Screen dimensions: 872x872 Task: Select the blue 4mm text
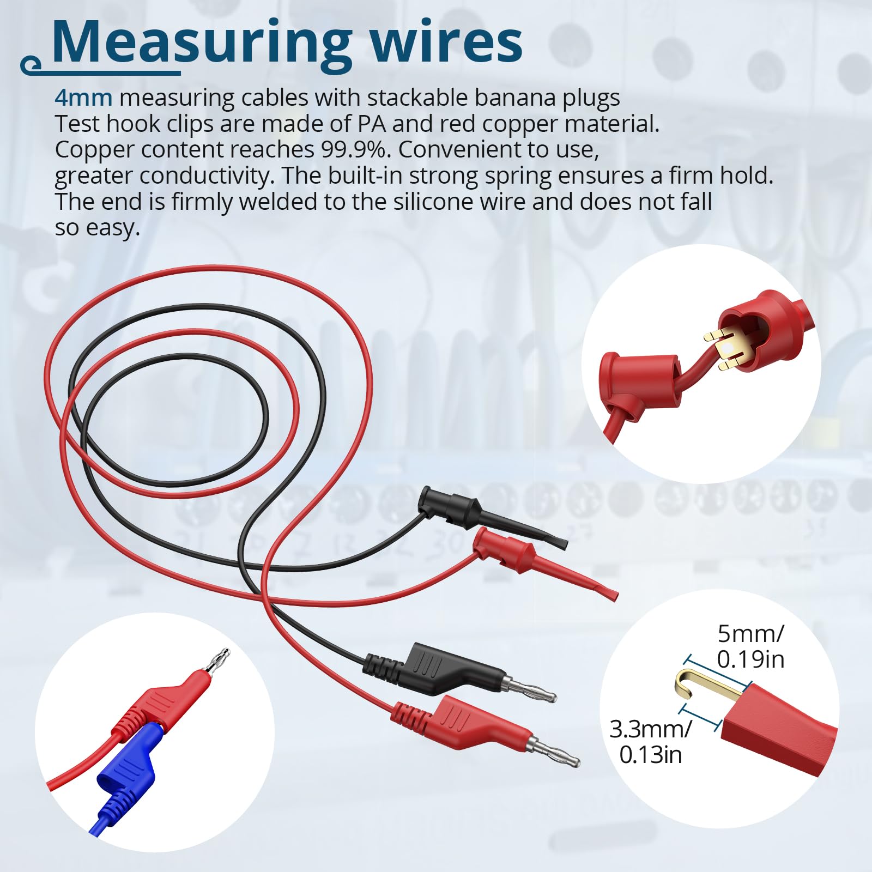tap(83, 98)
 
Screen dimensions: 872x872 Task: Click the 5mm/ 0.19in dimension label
tap(750, 646)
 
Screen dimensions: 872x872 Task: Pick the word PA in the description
tap(372, 124)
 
